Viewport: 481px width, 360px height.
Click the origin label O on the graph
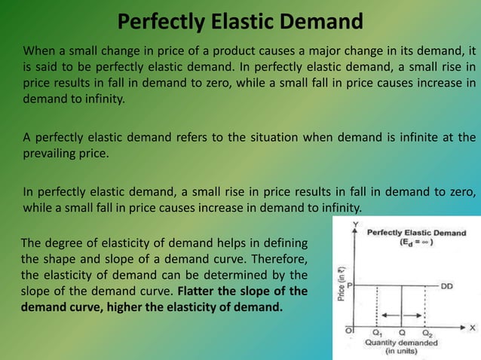pyautogui.click(x=349, y=329)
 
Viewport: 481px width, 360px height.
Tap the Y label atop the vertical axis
pyautogui.click(x=354, y=224)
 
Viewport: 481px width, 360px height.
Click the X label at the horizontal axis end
pyautogui.click(x=472, y=328)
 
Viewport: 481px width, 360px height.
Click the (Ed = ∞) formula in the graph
pyautogui.click(x=415, y=243)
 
